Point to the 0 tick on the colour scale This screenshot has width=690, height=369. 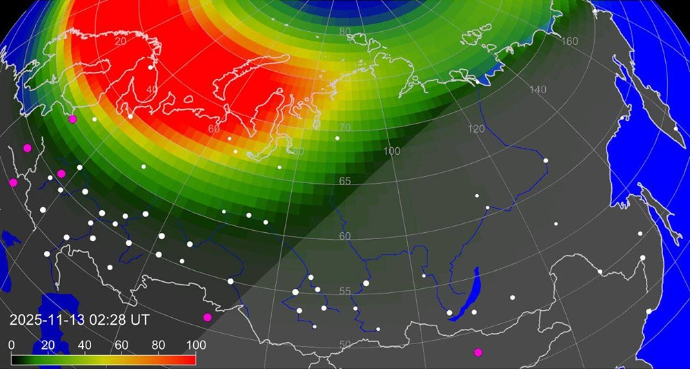pos(12,345)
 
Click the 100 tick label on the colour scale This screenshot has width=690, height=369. pos(195,345)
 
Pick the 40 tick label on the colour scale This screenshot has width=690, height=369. pos(85,345)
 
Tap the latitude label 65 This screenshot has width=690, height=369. pos(345,181)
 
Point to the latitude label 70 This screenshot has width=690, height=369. pos(345,128)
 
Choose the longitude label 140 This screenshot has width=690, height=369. pos(538,90)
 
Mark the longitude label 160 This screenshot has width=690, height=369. pos(570,41)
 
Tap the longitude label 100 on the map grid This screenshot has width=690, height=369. pos(392,151)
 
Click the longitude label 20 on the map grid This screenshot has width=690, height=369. pos(121,41)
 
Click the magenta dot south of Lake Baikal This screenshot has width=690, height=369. pos(478,352)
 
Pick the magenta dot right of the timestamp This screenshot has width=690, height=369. pos(207,317)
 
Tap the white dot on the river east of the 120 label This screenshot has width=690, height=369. pos(546,161)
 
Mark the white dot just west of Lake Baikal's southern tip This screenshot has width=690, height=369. pos(450,313)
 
